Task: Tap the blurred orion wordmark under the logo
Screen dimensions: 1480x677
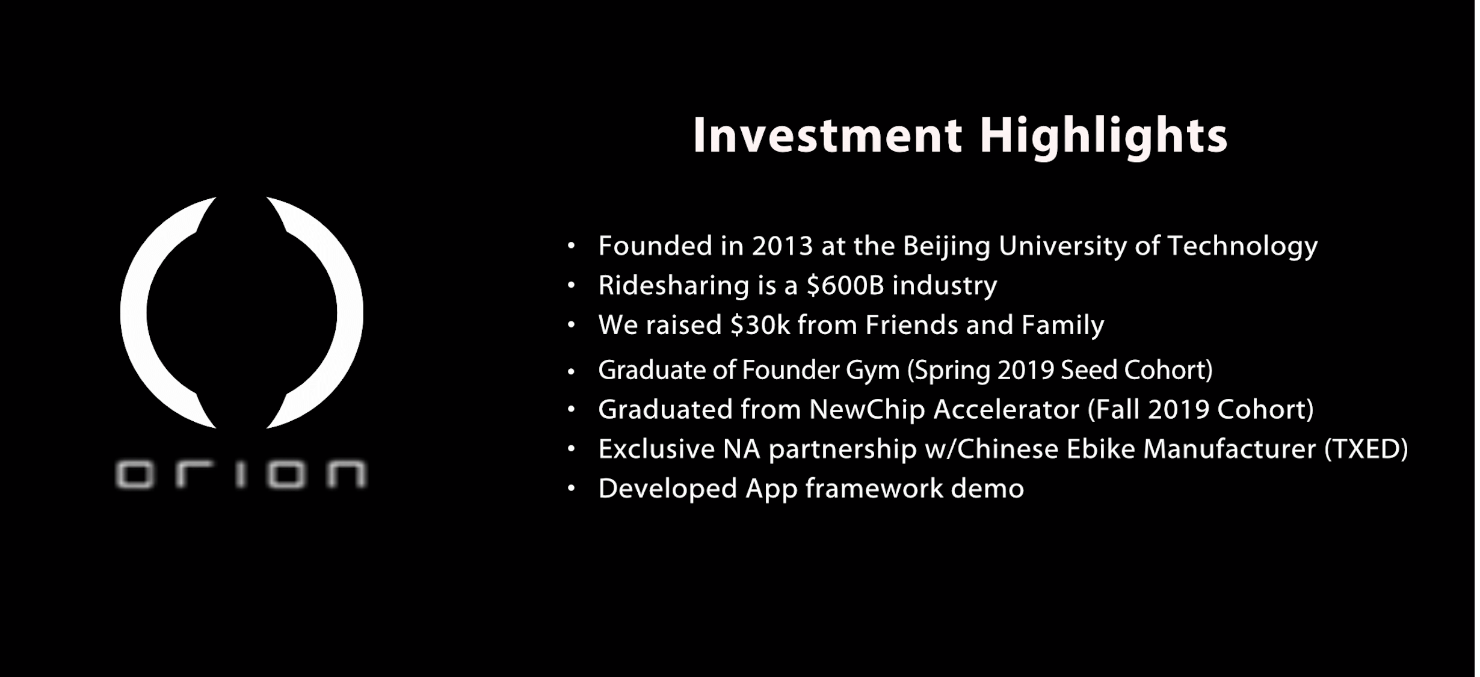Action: [x=241, y=474]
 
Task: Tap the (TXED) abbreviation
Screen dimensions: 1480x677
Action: [x=1366, y=450]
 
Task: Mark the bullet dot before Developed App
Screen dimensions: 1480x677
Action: [x=572, y=489]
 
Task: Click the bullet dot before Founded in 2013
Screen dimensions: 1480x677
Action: [x=572, y=246]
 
